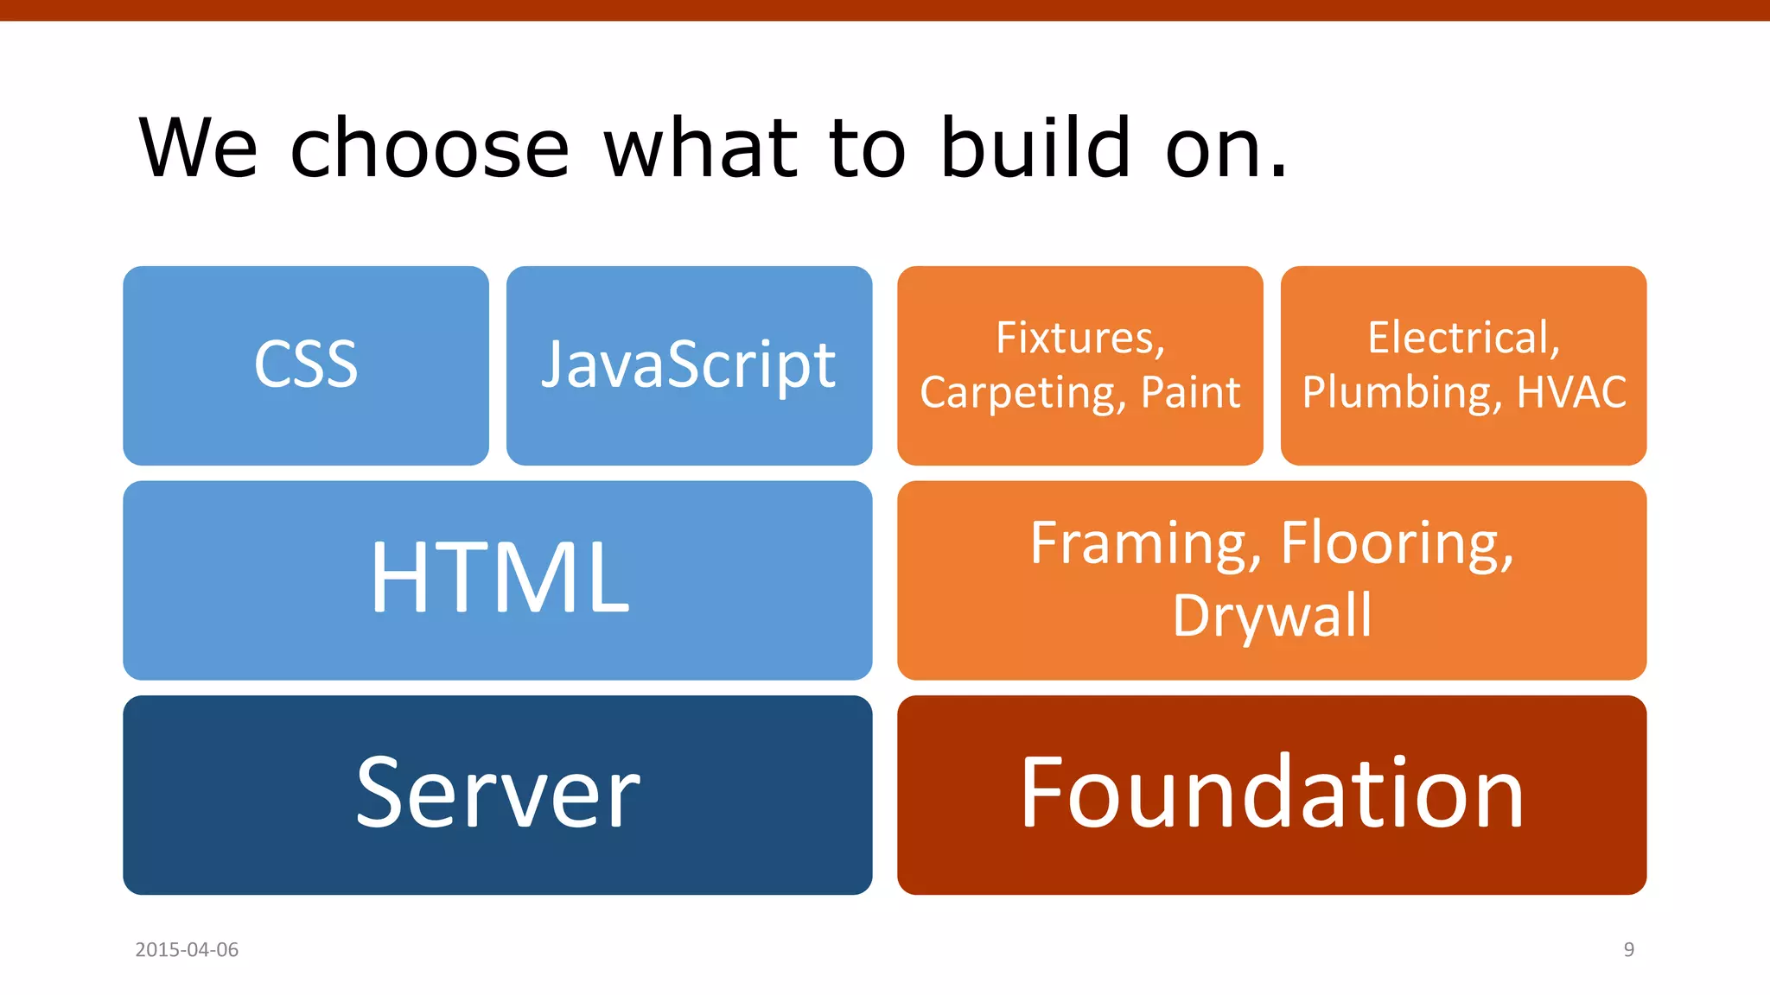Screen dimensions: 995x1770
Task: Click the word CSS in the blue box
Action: [306, 364]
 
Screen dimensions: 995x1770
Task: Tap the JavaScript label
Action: [688, 365]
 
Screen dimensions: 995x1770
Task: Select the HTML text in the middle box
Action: [500, 578]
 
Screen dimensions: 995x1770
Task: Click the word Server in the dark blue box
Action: [498, 793]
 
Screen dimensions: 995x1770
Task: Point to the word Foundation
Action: [1271, 793]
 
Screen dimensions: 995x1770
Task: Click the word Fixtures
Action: [1079, 338]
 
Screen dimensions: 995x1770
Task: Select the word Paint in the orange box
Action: [1190, 393]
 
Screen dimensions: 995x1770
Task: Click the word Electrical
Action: [1462, 338]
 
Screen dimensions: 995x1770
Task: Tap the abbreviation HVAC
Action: [1572, 392]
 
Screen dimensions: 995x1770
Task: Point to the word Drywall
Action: [1271, 616]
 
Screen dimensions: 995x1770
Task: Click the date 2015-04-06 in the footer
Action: [187, 949]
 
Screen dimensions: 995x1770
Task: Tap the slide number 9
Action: [1628, 949]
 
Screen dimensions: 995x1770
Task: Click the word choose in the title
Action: [430, 149]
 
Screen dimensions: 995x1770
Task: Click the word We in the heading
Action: [198, 149]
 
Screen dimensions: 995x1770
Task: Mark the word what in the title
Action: [701, 149]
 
